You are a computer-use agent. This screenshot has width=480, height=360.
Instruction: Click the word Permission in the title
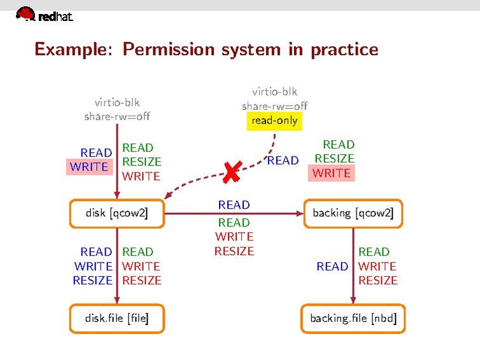coord(169,49)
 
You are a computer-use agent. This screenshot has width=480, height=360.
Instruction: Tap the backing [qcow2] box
coord(353,214)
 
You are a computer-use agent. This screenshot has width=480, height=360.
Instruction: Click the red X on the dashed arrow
coord(232,172)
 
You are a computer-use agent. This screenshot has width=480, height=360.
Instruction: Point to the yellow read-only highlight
coord(274,120)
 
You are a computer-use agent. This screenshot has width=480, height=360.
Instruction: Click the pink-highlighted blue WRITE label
coord(89,167)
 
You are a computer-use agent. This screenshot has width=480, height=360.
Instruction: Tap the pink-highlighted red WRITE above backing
coord(331,173)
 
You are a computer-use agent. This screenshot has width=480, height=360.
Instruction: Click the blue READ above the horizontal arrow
coord(234,205)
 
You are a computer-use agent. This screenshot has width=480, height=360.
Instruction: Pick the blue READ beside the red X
coord(283,161)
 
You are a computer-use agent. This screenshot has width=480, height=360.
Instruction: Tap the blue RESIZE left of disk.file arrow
coord(92,280)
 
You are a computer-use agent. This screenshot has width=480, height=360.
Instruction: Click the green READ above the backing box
coord(338,145)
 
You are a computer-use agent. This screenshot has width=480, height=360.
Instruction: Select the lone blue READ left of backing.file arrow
coord(332,267)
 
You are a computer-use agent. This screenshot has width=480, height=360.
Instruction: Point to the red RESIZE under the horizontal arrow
coord(234,251)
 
